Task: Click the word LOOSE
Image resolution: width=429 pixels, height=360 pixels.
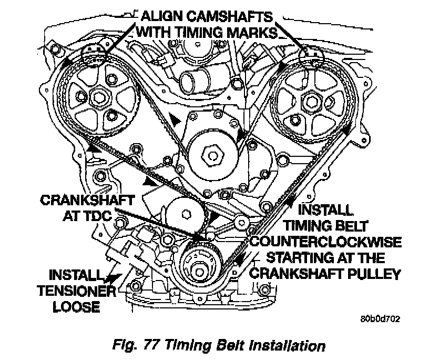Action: [x=77, y=306]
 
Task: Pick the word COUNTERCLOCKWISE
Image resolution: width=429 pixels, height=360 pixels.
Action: [x=326, y=242]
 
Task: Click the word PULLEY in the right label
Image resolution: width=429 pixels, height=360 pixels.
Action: [x=375, y=273]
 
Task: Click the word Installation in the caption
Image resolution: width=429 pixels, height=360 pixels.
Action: [x=281, y=346]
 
